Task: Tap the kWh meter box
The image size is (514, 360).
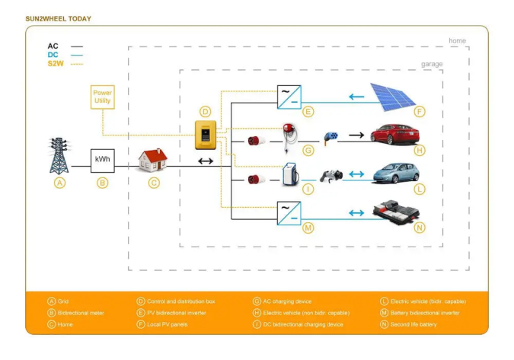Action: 102,160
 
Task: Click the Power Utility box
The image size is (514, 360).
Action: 102,97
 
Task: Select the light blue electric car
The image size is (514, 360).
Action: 394,174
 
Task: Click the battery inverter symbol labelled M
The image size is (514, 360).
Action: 289,212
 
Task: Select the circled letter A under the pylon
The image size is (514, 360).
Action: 59,183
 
